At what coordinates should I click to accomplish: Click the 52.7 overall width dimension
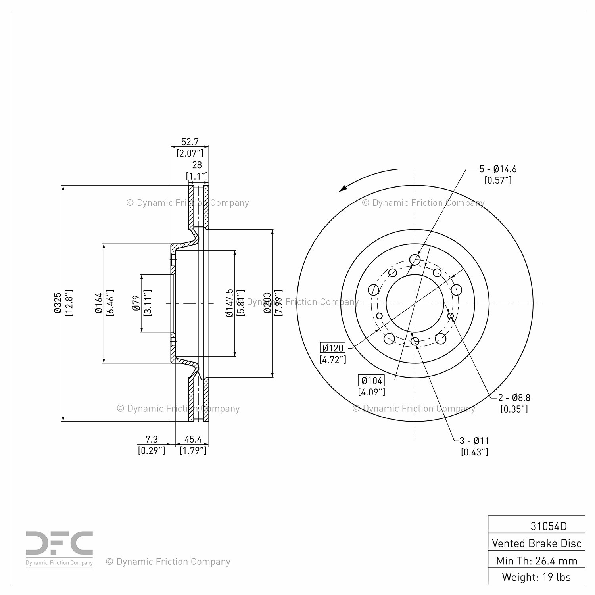click(190, 142)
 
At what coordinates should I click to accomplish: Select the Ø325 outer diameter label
click(58, 303)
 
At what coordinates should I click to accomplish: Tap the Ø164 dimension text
click(99, 303)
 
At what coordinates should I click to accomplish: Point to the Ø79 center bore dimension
click(137, 303)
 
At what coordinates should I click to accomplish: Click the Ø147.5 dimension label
click(229, 303)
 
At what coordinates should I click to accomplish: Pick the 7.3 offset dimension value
click(152, 439)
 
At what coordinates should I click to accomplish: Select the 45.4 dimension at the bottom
click(193, 439)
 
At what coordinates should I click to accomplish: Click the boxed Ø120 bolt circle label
click(333, 348)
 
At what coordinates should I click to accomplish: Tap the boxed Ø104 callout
click(371, 381)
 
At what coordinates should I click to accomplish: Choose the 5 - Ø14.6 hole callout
click(498, 169)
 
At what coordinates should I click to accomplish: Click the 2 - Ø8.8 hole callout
click(514, 397)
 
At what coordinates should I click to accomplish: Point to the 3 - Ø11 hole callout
click(474, 440)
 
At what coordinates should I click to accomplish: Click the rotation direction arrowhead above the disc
click(343, 188)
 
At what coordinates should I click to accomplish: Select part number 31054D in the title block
click(549, 526)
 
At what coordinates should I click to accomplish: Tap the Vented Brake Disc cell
click(536, 543)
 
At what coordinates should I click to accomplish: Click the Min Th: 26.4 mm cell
click(536, 560)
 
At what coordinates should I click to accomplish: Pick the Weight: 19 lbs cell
click(536, 577)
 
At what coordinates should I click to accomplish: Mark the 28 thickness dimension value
click(197, 165)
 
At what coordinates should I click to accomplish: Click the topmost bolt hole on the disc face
click(415, 260)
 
